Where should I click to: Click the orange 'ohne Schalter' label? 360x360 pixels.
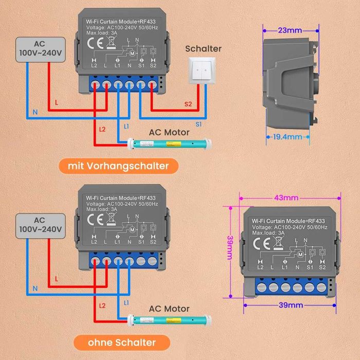[121, 342]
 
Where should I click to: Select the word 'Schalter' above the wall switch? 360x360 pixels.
[203, 49]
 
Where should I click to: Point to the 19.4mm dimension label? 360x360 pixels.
[289, 137]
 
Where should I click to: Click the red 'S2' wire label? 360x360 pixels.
[188, 104]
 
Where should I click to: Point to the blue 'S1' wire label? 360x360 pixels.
[199, 123]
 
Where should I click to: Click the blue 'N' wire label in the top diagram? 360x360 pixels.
[35, 112]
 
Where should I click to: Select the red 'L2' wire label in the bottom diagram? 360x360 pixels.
[102, 305]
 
